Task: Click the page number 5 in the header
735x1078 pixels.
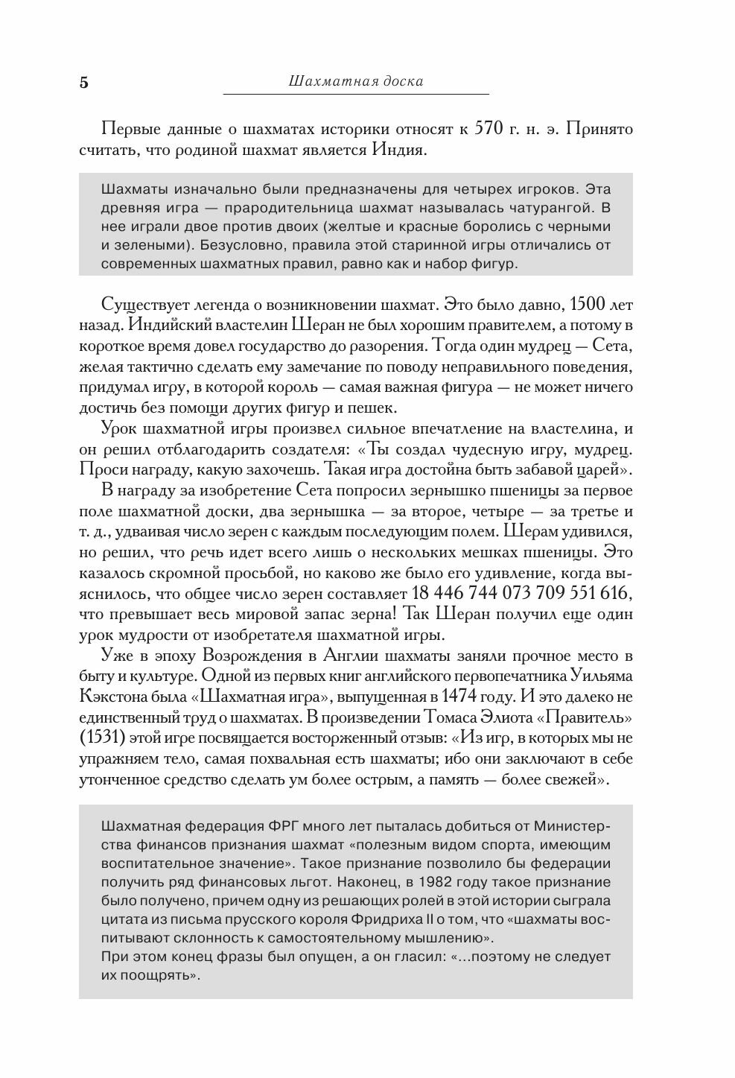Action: [x=83, y=82]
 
